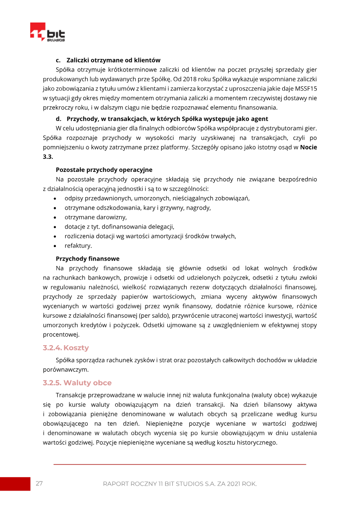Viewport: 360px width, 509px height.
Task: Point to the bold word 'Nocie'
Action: click(x=308, y=147)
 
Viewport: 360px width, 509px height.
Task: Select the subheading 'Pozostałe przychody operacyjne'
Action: click(x=104, y=170)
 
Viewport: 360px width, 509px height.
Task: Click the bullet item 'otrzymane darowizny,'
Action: click(x=95, y=217)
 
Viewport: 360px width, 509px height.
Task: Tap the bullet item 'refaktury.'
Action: click(x=78, y=245)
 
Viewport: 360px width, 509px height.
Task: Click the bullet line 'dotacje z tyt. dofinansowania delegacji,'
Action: click(x=119, y=226)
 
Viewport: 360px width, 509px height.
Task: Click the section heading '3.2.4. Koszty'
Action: click(x=66, y=348)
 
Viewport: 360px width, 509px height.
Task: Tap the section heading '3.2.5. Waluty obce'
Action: click(x=77, y=383)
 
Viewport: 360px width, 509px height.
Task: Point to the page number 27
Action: click(x=39, y=483)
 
